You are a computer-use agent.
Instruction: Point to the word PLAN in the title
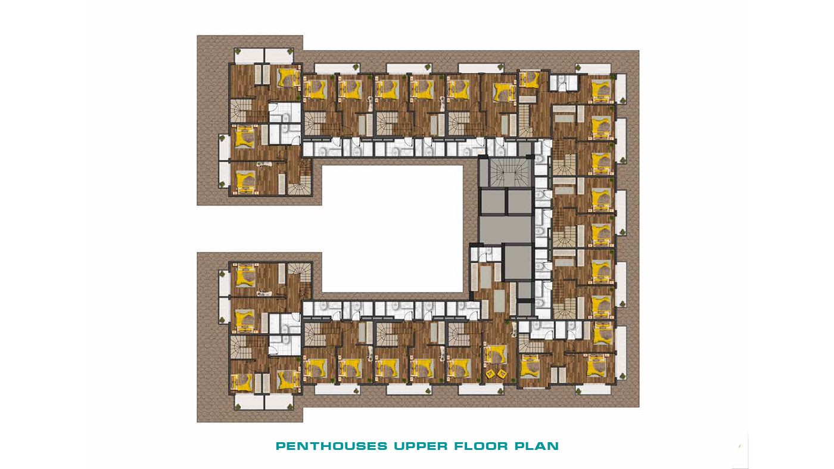coord(537,446)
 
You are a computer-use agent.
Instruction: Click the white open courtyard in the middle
coord(393,229)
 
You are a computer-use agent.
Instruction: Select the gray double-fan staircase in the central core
coord(509,172)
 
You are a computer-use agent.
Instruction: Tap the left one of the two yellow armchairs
coord(490,373)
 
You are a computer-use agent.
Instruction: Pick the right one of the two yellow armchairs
coord(502,372)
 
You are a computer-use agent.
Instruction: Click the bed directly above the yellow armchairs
coord(496,354)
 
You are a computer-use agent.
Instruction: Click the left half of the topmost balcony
coord(249,56)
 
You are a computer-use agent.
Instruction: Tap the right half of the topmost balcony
coord(279,56)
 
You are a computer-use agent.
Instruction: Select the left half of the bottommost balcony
coord(249,402)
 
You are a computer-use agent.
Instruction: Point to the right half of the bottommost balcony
coord(279,402)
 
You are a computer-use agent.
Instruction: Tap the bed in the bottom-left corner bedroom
coord(241,382)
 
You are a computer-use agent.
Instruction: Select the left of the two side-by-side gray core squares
coord(493,202)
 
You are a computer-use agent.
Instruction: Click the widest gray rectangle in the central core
coord(506,230)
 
